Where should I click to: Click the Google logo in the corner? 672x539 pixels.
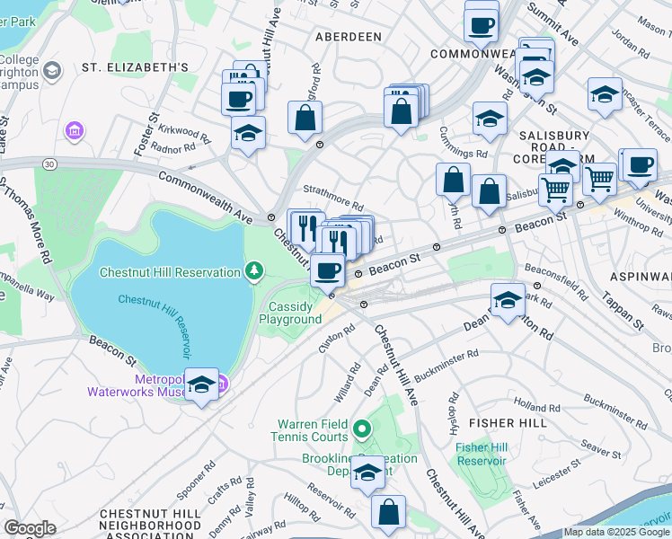(x=30, y=528)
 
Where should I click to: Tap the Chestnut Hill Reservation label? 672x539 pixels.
(x=170, y=272)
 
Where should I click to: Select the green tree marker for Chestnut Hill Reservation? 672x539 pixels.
(x=255, y=270)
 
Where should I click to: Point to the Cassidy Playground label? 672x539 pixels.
(x=290, y=313)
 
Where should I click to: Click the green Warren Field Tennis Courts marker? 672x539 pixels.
(x=361, y=430)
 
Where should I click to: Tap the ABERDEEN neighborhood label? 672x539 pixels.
(x=349, y=37)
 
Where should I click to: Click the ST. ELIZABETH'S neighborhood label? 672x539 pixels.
(x=135, y=67)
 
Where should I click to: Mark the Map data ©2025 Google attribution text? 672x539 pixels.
(x=616, y=532)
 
